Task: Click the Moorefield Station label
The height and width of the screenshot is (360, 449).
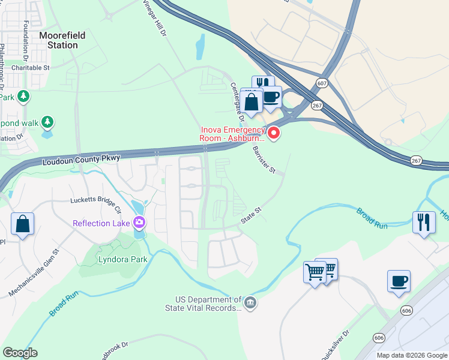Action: pyautogui.click(x=62, y=40)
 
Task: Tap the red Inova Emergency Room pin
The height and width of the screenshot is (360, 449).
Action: pyautogui.click(x=274, y=133)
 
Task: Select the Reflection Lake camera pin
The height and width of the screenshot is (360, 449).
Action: pyautogui.click(x=139, y=223)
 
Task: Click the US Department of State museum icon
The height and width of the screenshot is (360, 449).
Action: pyautogui.click(x=250, y=302)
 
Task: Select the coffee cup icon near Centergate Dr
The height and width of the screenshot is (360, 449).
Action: pyautogui.click(x=271, y=97)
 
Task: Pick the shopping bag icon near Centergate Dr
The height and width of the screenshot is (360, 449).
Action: pyautogui.click(x=252, y=101)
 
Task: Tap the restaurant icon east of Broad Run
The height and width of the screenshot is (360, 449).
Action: pyautogui.click(x=424, y=223)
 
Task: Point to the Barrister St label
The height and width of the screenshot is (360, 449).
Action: pyautogui.click(x=264, y=160)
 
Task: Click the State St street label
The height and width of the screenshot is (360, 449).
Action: pyautogui.click(x=252, y=217)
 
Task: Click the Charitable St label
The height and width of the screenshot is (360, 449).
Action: pyautogui.click(x=29, y=68)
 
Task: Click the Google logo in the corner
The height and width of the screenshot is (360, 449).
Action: pyautogui.click(x=20, y=353)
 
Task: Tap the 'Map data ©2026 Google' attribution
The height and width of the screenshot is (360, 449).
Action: pyautogui.click(x=411, y=355)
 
